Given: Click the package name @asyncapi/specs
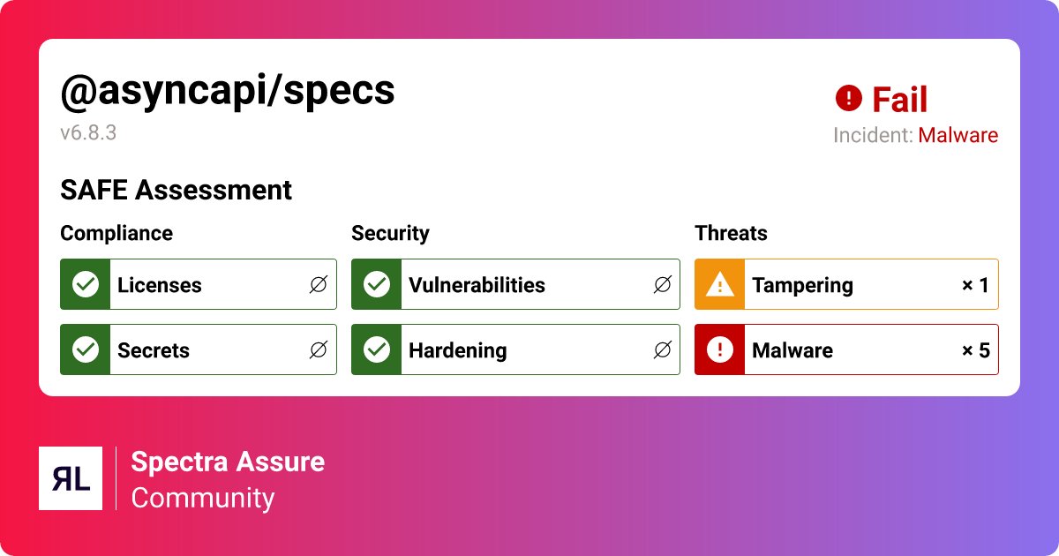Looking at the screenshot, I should pos(228,91).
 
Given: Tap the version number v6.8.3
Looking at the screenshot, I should pos(88,133).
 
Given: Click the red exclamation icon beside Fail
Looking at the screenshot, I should pos(848,98).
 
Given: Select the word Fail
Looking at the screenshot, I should pos(899,100).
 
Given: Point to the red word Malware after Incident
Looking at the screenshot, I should pos(958,136).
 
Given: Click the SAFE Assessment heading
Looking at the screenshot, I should pos(176,190).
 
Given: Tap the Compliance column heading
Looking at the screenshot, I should pos(116,233).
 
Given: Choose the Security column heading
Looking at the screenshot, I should pos(390,233).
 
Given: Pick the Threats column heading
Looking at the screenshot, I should pos(731,233).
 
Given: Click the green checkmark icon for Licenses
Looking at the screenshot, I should pos(86,284).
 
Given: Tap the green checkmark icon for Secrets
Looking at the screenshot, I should pos(86,349).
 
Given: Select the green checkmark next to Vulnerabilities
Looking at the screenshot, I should pos(377,284).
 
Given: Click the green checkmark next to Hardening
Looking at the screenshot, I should pos(377,349).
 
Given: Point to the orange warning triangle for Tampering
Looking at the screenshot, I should pos(720,284).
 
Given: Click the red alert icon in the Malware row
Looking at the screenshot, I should pos(720,349).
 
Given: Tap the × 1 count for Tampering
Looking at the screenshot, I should pos(975,285).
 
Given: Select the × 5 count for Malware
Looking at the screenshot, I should pos(975,350).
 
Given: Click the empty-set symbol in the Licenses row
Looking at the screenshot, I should pos(318,285).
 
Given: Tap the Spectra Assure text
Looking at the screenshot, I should pos(228,462).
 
